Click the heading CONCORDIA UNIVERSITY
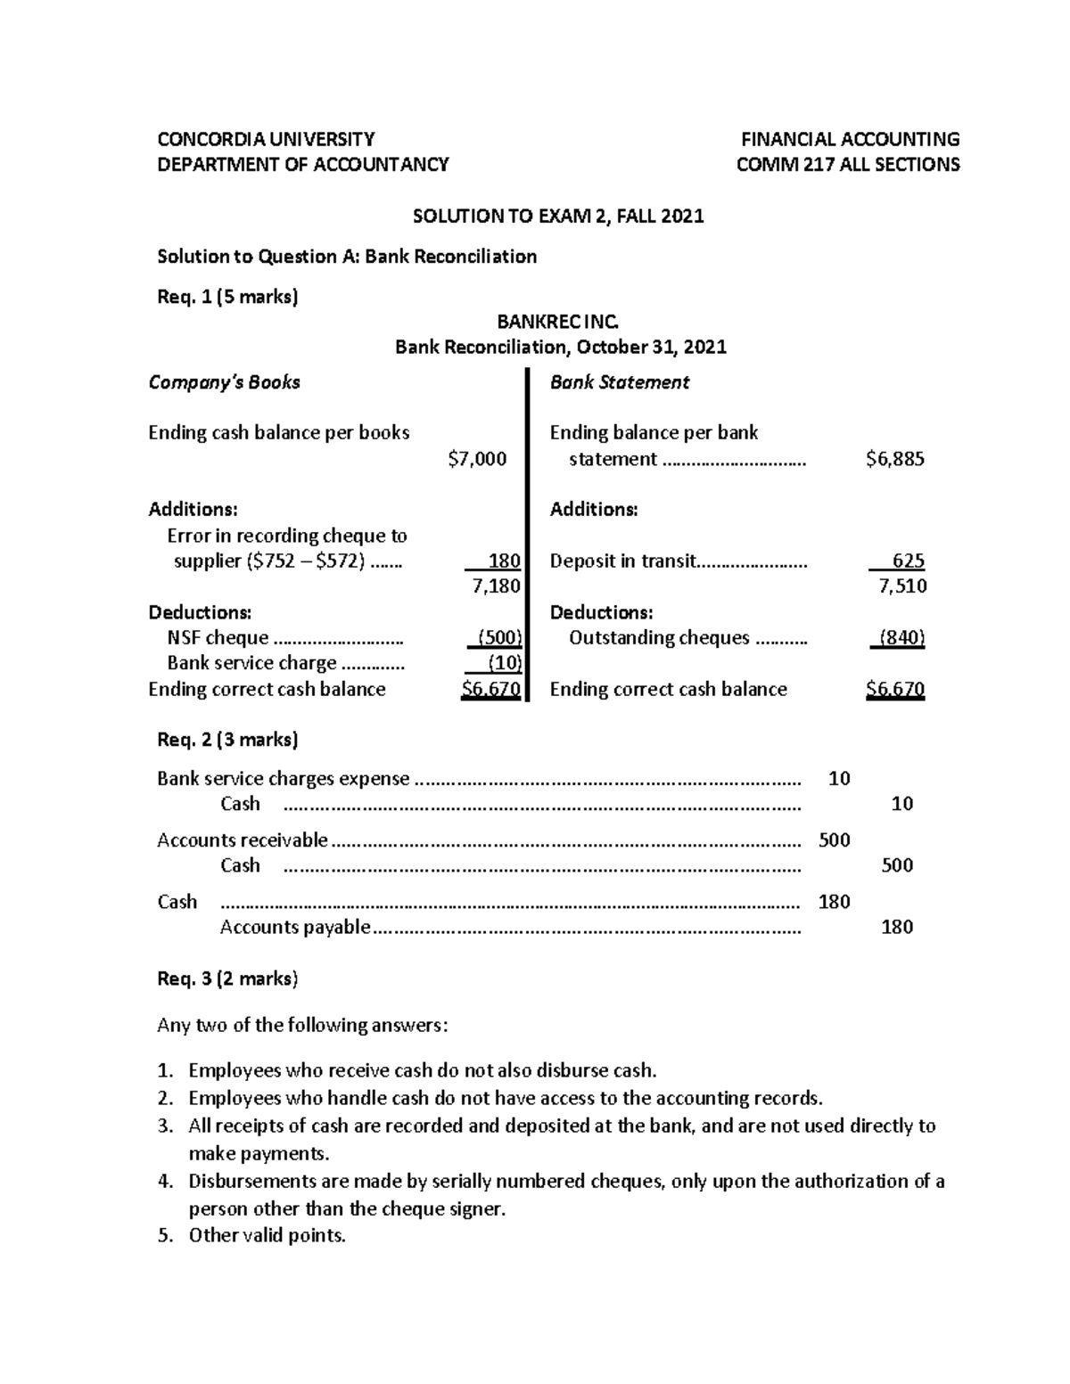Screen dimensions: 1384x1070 (266, 139)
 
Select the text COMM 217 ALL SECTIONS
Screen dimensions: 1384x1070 (847, 164)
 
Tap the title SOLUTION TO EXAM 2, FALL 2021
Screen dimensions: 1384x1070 (557, 216)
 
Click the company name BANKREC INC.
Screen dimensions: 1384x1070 (557, 321)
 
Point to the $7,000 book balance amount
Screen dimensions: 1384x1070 (477, 459)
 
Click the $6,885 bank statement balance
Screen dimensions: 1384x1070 (895, 459)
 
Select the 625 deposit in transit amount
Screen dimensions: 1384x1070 (908, 561)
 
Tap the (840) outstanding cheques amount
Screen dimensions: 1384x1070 (901, 637)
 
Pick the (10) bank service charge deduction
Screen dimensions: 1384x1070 (504, 662)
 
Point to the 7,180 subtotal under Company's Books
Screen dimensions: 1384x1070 (496, 586)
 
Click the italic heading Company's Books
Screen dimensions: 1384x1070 (224, 382)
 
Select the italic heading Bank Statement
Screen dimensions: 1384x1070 (620, 382)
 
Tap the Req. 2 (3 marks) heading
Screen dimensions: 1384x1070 (227, 740)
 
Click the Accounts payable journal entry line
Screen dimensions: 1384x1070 (295, 927)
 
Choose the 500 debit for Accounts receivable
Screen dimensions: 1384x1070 (834, 840)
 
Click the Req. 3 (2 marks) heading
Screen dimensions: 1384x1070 (227, 979)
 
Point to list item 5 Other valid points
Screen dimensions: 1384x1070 (266, 1235)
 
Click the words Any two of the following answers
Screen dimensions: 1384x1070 (302, 1025)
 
